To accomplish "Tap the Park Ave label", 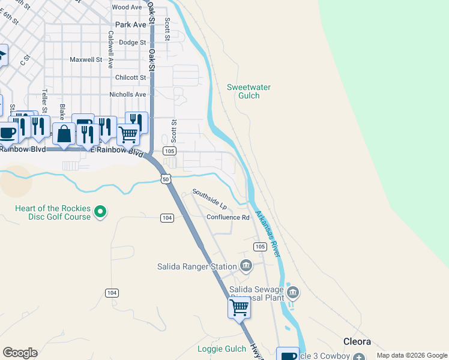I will pos(130,25).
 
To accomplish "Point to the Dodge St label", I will pos(132,43).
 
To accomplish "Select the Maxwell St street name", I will pos(86,60).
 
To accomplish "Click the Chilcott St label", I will pos(130,77).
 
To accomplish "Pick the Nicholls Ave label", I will pos(127,95).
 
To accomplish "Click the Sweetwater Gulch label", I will pos(249,91).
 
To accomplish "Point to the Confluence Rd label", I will pos(228,217).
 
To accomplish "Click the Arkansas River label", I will pos(268,234).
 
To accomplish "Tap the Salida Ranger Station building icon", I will pos(246,265).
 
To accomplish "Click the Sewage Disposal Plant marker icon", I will pos(293,293).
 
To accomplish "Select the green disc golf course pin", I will pos(101,212).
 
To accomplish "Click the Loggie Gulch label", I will pos(221,349).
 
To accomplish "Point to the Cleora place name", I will pos(357,341).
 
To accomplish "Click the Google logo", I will pos(20,353).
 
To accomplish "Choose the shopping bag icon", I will pos(64,134).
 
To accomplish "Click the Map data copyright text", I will pos(411,355).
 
